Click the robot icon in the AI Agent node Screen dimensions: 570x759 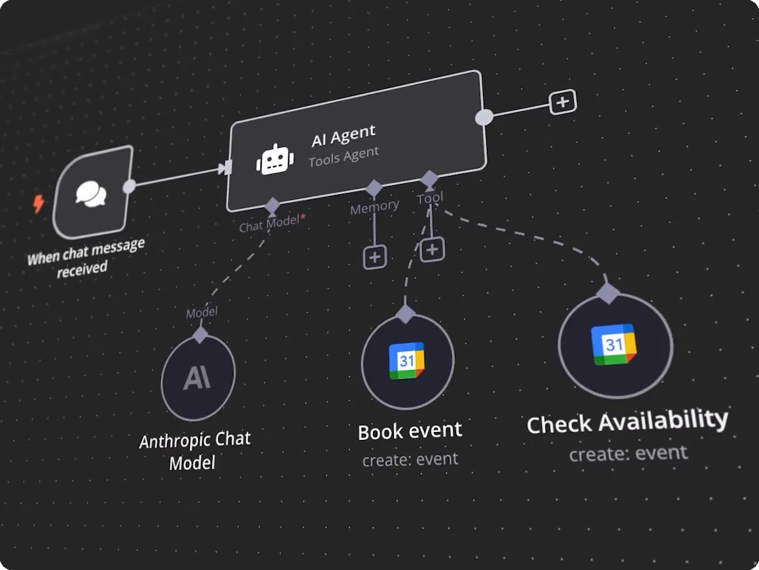(x=275, y=159)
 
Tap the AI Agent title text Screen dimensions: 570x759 (x=344, y=136)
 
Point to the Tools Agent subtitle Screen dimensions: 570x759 (x=344, y=157)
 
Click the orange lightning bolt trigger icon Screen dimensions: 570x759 (x=39, y=204)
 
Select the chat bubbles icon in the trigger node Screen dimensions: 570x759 (x=91, y=193)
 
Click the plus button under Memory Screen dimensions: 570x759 (x=375, y=257)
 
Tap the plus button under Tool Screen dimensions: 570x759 (x=432, y=249)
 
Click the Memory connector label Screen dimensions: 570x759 (x=374, y=207)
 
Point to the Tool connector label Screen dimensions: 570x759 (x=430, y=197)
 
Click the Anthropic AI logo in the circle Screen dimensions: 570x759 (x=197, y=378)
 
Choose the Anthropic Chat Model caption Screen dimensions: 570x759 (x=194, y=451)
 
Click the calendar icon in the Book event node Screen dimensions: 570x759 (x=407, y=361)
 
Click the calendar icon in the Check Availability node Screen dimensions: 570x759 (x=614, y=344)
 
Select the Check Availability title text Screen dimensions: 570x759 (x=627, y=422)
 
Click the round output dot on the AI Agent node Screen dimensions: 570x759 (x=484, y=117)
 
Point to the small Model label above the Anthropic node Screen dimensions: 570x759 (x=202, y=313)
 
